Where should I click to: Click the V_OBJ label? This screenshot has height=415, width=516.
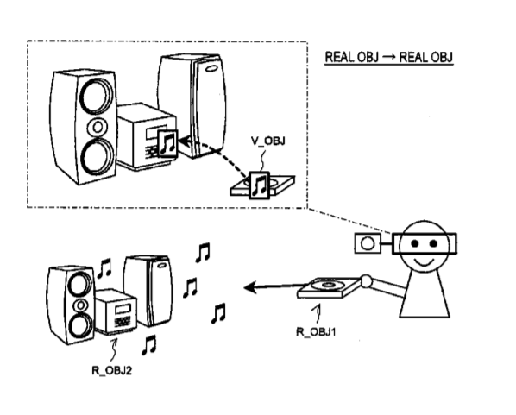pos(267,141)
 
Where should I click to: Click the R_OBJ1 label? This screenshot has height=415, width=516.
pos(316,331)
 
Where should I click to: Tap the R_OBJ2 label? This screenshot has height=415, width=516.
pos(111,371)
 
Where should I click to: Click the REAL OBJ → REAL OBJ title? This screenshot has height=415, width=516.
pos(389,57)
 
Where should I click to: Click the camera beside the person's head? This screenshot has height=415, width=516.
pos(368,243)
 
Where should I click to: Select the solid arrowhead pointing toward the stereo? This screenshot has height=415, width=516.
pos(251,287)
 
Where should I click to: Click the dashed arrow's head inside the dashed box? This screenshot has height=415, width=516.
pos(185,141)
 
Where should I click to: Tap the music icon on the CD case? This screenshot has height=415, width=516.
pos(260,185)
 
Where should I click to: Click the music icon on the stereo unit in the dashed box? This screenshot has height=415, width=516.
pos(167,143)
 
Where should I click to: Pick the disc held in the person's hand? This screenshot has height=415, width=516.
pos(327,285)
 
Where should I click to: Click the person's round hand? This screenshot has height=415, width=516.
pos(366,281)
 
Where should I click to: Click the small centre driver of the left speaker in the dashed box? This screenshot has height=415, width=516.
pos(98,127)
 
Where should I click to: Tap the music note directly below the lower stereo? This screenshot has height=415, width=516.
pos(148,345)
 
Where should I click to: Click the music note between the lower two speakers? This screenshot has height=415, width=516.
pos(104,268)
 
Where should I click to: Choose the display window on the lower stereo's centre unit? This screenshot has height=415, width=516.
pos(123,310)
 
